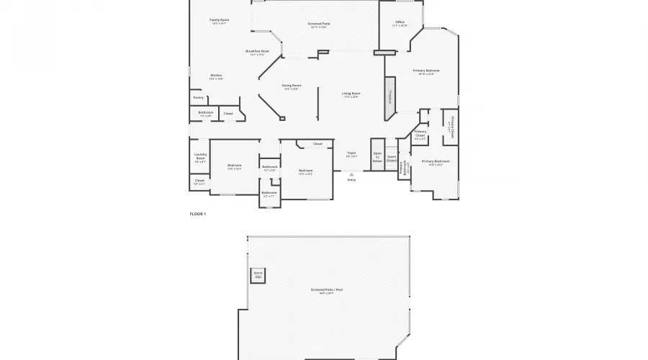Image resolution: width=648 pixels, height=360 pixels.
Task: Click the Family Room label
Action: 219,21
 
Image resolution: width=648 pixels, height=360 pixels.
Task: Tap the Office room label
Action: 400,23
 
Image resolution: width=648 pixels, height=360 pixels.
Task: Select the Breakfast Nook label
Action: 257,53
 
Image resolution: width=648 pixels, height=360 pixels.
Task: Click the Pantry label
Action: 199,97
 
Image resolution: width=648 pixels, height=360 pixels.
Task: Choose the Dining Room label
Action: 291,86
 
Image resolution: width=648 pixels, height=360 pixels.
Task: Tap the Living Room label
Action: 351,94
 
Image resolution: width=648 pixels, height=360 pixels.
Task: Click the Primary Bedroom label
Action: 426,71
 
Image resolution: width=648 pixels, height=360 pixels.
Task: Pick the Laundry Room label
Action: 200,157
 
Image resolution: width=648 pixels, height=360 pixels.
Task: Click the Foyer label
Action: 351,154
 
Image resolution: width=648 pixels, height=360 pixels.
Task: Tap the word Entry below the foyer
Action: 351,179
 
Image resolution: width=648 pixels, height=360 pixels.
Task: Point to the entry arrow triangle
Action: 351,174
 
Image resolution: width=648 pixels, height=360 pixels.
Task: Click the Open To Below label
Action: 377,158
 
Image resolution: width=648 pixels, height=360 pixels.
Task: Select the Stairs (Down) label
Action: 392,158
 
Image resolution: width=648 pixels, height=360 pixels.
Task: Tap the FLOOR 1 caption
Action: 197,214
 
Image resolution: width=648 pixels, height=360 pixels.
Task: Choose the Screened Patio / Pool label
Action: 326,290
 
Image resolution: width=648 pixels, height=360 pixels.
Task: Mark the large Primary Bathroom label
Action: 436,162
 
